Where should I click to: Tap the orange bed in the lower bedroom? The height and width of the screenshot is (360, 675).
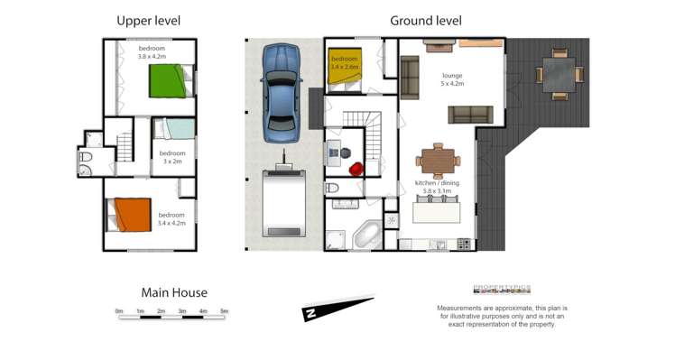pos(127,216)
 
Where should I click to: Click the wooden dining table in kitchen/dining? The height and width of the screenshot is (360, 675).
pos(438,161)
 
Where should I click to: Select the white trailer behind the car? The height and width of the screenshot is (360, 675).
pos(283,202)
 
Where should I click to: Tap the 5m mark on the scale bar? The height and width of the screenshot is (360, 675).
pos(225,311)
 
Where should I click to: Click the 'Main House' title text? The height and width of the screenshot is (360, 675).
pos(174,292)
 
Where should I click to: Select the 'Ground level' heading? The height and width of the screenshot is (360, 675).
pos(425,21)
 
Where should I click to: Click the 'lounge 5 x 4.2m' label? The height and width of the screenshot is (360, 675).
pos(452,79)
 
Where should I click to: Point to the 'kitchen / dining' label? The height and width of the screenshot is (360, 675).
pos(437,184)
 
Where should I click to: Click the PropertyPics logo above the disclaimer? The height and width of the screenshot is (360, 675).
pos(502,290)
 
